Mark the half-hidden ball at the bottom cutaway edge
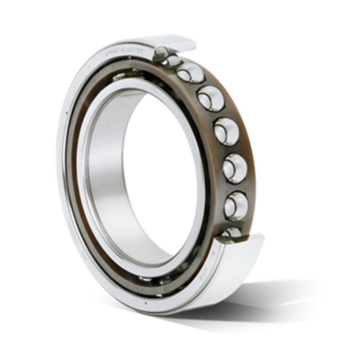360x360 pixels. (x=230, y=233)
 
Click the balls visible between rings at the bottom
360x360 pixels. (x=167, y=280)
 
